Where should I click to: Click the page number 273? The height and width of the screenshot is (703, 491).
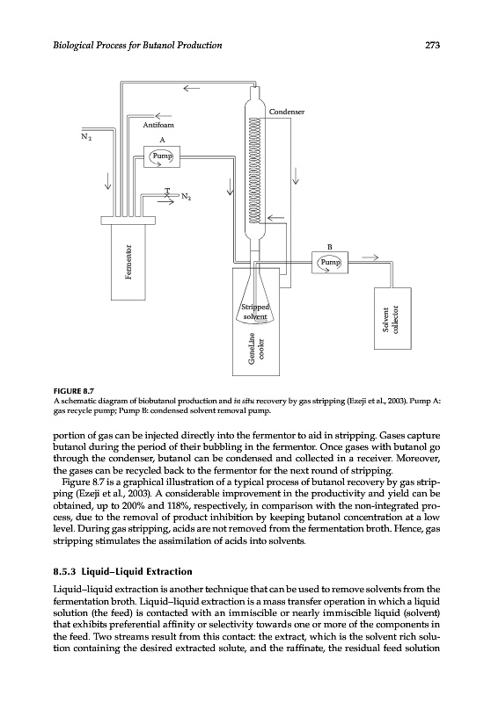click(x=432, y=45)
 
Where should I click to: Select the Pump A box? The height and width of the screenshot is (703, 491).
click(x=162, y=156)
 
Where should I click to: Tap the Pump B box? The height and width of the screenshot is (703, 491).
click(x=330, y=262)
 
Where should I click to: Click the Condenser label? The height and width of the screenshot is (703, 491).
click(x=286, y=112)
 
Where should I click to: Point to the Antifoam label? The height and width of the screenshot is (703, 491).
click(x=158, y=125)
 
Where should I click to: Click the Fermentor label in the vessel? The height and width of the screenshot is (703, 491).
click(x=128, y=262)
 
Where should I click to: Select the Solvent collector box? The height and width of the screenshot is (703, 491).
click(x=392, y=318)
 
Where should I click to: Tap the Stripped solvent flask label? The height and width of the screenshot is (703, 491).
click(x=255, y=312)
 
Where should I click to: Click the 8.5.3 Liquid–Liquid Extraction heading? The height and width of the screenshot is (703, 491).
click(x=122, y=572)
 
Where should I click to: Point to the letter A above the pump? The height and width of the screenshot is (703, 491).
click(x=162, y=140)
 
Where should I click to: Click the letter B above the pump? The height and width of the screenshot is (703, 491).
click(x=330, y=247)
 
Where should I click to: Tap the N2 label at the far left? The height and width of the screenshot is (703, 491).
click(x=86, y=136)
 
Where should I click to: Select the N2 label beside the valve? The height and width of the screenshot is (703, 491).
click(x=187, y=197)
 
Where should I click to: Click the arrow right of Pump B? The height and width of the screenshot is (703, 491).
click(x=370, y=257)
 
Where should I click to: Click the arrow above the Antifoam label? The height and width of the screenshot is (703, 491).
click(x=163, y=116)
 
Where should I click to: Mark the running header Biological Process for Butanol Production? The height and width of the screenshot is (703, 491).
click(x=137, y=45)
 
